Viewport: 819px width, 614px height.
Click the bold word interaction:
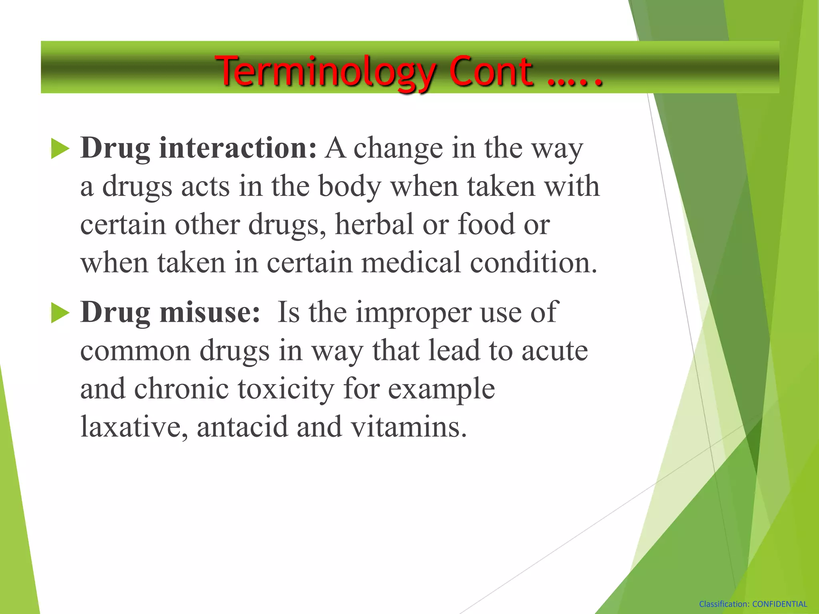(x=238, y=148)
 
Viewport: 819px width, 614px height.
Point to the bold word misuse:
(x=210, y=312)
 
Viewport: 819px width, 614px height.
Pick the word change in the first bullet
(x=398, y=149)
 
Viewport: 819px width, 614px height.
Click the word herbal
(x=374, y=224)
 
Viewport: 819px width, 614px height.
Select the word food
(x=486, y=224)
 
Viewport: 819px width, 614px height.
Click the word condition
(x=533, y=263)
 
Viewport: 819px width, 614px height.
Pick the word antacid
(x=242, y=427)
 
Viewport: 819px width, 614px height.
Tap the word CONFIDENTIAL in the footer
(x=780, y=604)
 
